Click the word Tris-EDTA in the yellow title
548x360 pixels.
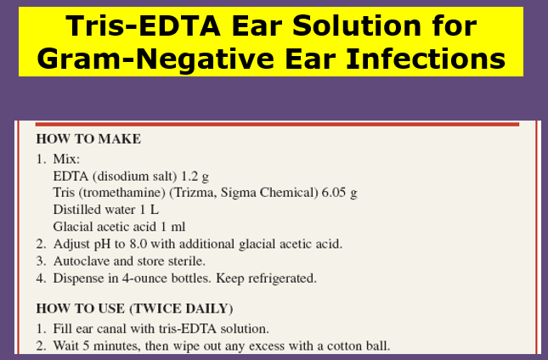[x=144, y=25]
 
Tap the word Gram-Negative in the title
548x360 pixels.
[x=156, y=59]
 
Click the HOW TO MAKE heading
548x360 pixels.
[x=88, y=139]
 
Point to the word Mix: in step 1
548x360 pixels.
[x=66, y=160]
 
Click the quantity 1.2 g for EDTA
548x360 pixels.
[x=195, y=177]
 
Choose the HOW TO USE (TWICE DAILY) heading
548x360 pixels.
[x=134, y=309]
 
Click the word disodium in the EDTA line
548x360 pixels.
[x=121, y=176]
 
